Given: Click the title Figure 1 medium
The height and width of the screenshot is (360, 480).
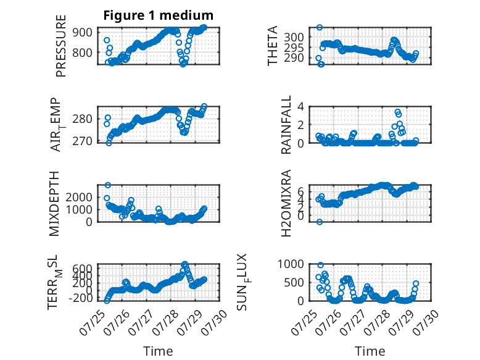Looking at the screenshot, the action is (159, 15).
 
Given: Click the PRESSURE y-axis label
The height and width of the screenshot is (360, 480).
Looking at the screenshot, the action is (61, 46).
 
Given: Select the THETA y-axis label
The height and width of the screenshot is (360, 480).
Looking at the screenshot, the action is (272, 46).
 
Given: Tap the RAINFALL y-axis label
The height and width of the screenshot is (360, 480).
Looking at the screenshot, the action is (286, 125).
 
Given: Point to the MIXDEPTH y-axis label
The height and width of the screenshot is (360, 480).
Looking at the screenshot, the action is (54, 203).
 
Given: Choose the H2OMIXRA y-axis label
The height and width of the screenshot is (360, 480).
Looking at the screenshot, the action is (286, 203).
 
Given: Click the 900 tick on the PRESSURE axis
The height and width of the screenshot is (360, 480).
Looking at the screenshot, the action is (82, 32).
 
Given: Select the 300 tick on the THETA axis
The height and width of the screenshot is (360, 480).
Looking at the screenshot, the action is (294, 38).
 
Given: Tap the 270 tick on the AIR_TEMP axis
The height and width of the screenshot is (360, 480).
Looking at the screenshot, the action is (82, 141).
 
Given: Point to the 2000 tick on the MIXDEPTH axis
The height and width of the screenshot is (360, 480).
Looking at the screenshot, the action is (79, 197).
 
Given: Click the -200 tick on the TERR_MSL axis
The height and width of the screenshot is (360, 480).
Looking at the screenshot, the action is (80, 298).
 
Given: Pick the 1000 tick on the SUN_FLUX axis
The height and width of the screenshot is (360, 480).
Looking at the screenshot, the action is (291, 264).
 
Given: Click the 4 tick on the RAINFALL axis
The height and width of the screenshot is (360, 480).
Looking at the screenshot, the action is (301, 107).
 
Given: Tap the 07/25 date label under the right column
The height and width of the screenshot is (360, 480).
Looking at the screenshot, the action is (302, 322).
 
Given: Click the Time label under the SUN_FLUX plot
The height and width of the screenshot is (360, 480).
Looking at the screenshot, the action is (370, 351).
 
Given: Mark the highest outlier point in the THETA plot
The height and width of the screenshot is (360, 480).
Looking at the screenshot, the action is (320, 27).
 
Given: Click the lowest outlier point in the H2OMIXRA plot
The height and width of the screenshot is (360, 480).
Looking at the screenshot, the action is (320, 222).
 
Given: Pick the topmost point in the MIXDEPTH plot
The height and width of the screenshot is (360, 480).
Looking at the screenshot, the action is (108, 185).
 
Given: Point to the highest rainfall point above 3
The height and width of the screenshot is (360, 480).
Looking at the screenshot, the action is (397, 112).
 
